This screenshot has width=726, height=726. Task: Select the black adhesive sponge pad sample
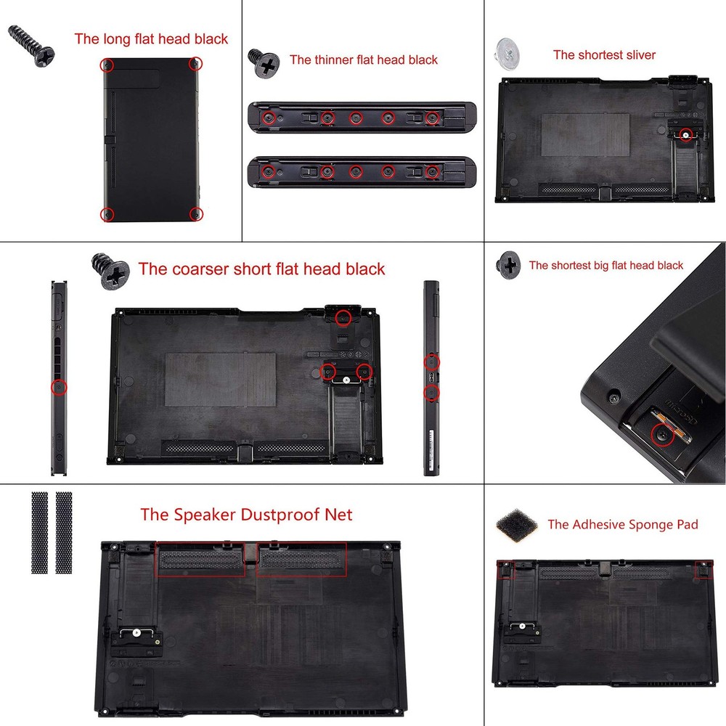pos(517,523)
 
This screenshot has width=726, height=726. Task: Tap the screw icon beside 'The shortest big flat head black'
pos(508,265)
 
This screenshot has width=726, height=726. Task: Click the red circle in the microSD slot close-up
pos(661,436)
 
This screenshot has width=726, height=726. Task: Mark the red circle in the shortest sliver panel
pos(685,134)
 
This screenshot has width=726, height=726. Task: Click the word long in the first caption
pos(116,39)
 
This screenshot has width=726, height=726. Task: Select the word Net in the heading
pos(337,515)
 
